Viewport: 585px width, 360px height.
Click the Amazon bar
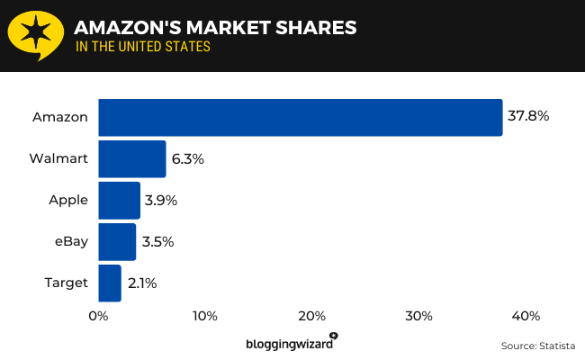point(300,117)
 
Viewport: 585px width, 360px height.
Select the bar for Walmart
point(132,158)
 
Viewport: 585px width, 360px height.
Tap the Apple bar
point(119,200)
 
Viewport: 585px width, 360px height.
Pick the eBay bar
point(117,241)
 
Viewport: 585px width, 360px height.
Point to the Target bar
point(110,283)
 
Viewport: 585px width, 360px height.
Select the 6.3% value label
point(189,158)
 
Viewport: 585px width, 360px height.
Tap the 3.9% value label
point(162,200)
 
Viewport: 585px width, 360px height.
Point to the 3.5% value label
point(158,241)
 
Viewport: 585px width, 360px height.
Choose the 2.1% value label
point(142,283)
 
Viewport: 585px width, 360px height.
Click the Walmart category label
point(58,158)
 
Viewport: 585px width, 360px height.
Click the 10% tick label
point(204,316)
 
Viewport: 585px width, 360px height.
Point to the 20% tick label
point(311,316)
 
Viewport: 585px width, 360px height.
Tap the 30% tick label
point(418,316)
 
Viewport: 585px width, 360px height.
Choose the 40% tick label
point(526,316)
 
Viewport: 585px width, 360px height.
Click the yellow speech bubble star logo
point(35,36)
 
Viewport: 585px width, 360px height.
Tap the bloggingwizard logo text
point(290,343)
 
